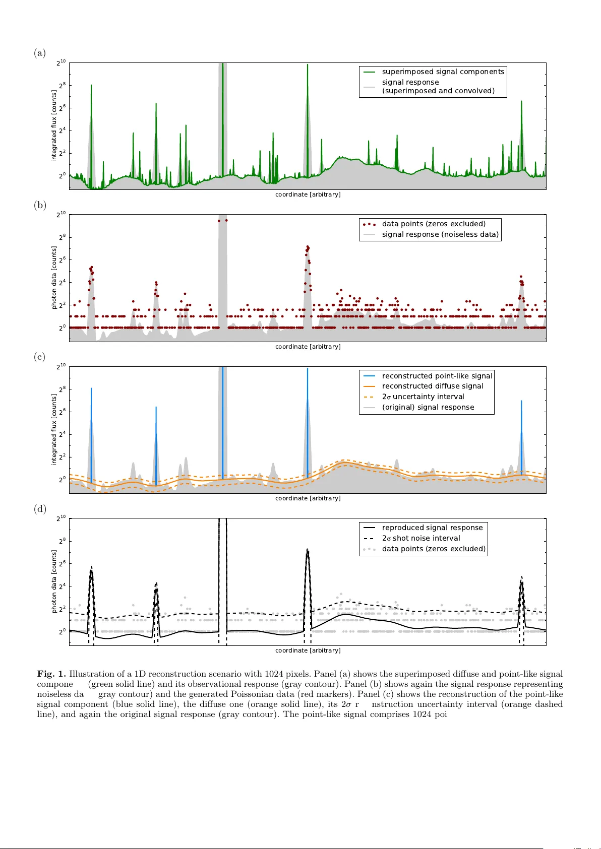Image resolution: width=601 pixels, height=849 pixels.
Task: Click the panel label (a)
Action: coord(40,53)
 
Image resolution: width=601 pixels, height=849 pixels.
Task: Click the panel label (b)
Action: coord(40,205)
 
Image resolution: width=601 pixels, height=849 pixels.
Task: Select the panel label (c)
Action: coord(40,357)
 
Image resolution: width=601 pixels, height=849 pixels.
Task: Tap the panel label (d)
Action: coord(40,509)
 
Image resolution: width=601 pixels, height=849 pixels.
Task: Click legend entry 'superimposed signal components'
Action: coord(443,72)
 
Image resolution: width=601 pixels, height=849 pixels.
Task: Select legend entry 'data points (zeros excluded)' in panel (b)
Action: coord(434,224)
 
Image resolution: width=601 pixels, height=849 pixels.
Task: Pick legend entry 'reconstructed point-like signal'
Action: coord(437,376)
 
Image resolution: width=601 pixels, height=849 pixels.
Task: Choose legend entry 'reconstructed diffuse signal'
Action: coord(432,386)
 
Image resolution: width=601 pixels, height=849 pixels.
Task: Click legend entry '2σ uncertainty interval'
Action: coord(423,397)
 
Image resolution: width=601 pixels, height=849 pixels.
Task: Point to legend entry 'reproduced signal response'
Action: coord(432,528)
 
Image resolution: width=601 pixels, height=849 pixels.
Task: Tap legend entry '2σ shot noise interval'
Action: coord(420,538)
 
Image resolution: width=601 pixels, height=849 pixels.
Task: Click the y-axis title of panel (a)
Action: coord(54,126)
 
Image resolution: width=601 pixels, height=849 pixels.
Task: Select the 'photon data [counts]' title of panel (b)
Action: coord(54,278)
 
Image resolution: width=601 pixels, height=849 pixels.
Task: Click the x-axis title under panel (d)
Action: coord(308,650)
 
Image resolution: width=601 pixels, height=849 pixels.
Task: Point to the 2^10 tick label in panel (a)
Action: coord(61,62)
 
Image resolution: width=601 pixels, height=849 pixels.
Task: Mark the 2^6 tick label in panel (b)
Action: coord(62,259)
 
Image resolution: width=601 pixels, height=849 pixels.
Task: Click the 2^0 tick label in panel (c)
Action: coord(62,479)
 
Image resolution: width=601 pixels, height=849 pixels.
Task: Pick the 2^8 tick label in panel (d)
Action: coord(62,541)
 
